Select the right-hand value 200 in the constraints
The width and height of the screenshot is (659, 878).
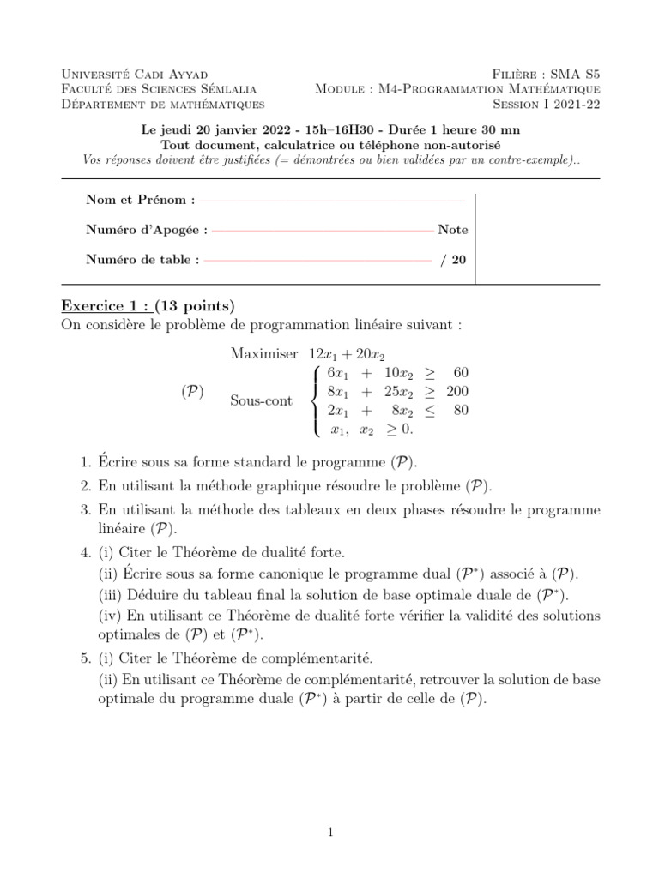click(x=457, y=392)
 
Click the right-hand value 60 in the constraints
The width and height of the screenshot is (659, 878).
click(x=461, y=373)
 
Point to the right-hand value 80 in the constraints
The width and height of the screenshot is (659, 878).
click(x=461, y=411)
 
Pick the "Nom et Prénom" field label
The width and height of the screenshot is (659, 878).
click(x=140, y=200)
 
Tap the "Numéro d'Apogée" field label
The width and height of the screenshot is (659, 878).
click(x=146, y=230)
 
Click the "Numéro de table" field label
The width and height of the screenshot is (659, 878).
click(x=142, y=260)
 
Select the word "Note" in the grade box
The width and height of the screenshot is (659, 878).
click(x=453, y=230)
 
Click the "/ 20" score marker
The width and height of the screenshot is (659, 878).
click(x=454, y=260)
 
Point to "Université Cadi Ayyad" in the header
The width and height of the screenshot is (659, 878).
click(x=135, y=75)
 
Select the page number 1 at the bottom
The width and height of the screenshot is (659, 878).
click(x=329, y=831)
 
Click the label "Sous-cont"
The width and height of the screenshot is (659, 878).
click(x=261, y=401)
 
